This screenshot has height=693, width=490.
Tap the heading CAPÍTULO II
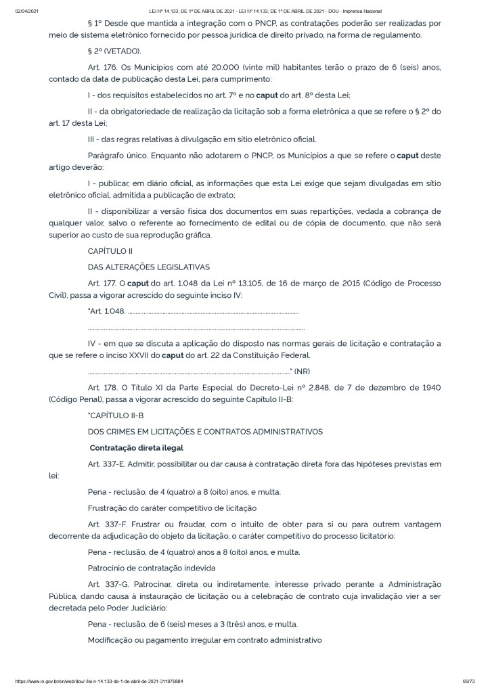[107, 251]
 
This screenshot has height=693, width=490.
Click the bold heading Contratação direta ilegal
[137, 448]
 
